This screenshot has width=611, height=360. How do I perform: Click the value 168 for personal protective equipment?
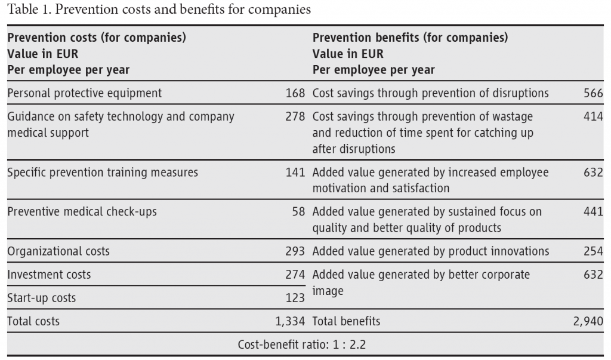click(x=295, y=93)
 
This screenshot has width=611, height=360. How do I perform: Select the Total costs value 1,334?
click(x=290, y=321)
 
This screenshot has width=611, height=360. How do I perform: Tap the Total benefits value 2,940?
click(x=588, y=321)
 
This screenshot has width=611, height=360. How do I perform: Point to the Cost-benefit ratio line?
click(x=305, y=344)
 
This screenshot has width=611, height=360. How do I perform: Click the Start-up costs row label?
click(x=42, y=297)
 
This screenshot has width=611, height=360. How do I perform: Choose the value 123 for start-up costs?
click(x=295, y=297)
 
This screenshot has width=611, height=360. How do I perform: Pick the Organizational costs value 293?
click(x=295, y=251)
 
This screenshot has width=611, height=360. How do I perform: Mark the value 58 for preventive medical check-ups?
click(x=298, y=211)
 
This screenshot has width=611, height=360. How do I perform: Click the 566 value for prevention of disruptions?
click(x=593, y=93)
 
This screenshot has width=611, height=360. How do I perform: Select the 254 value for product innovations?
click(x=593, y=251)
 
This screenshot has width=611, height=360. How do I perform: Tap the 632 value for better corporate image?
click(x=593, y=275)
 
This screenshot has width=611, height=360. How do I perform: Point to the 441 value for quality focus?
click(x=593, y=211)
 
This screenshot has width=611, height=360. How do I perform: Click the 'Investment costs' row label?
click(x=49, y=275)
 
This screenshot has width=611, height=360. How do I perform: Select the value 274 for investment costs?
click(x=295, y=275)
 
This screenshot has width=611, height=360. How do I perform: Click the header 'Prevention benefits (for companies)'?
click(x=410, y=38)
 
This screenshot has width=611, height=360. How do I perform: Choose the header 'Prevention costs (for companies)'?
click(x=97, y=38)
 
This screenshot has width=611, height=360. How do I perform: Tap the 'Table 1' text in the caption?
click(x=27, y=10)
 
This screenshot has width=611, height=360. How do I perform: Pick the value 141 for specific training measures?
click(x=295, y=173)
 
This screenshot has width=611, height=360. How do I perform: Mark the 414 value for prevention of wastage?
click(x=593, y=116)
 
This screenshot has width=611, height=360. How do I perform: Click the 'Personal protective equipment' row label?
click(x=84, y=93)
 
